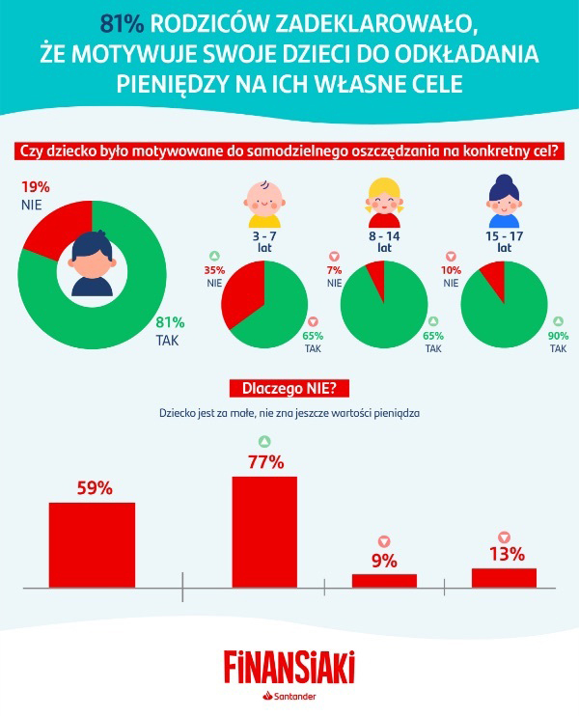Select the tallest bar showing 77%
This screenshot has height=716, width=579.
[264, 530]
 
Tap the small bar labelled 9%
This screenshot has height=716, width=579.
[384, 580]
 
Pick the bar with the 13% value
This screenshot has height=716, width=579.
[504, 577]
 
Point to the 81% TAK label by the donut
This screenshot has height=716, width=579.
[170, 332]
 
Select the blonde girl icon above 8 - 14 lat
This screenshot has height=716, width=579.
[383, 197]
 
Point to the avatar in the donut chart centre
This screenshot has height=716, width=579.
[91, 263]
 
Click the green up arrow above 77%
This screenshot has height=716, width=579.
[264, 442]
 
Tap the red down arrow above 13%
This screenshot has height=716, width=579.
[504, 537]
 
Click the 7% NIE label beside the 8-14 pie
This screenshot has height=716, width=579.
[334, 277]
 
